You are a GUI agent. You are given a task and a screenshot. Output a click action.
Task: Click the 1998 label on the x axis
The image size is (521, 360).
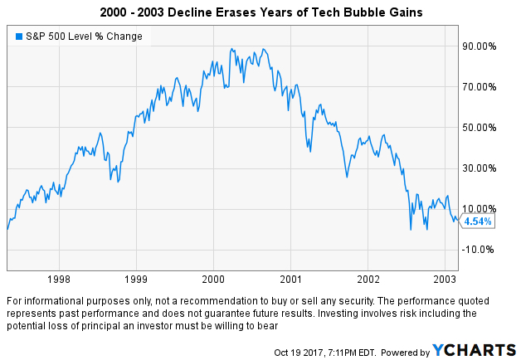coord(59,280)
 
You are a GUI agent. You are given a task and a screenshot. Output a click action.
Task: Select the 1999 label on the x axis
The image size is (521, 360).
coord(136,280)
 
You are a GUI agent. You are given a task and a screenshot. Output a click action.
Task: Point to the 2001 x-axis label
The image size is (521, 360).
coord(290,280)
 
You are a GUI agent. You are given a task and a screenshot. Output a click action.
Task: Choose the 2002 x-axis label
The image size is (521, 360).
coord(368,280)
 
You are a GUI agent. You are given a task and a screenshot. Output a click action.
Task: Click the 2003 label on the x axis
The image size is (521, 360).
coord(445,280)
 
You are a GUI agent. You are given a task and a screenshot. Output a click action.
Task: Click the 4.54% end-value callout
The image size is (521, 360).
coord(477,221)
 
